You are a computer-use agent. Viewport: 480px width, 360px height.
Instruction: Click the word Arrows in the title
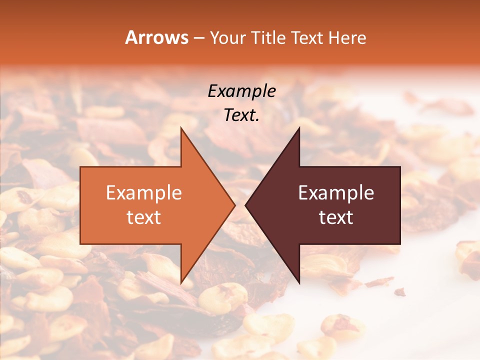pos(157,37)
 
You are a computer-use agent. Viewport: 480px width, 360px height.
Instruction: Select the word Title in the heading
pos(269,37)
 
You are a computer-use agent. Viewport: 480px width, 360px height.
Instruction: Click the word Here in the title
pos(348,37)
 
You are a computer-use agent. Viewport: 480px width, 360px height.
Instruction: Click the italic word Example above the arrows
pos(242,91)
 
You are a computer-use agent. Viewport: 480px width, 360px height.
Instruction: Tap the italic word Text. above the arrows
pos(241,115)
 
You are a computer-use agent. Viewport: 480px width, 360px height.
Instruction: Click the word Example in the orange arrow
pos(144,193)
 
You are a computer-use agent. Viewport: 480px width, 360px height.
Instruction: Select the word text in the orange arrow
pos(144,217)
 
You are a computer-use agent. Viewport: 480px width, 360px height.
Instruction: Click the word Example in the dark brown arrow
pos(336,193)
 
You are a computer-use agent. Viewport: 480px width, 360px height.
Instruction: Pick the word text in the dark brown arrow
pos(336,217)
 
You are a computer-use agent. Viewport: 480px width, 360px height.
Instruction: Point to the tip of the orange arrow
pos(234,205)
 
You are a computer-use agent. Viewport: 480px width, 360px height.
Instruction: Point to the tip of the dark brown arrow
pos(246,205)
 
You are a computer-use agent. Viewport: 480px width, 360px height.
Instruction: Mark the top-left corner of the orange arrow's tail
pos(81,167)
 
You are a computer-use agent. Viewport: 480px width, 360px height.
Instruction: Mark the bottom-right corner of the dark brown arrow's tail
pos(399,243)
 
